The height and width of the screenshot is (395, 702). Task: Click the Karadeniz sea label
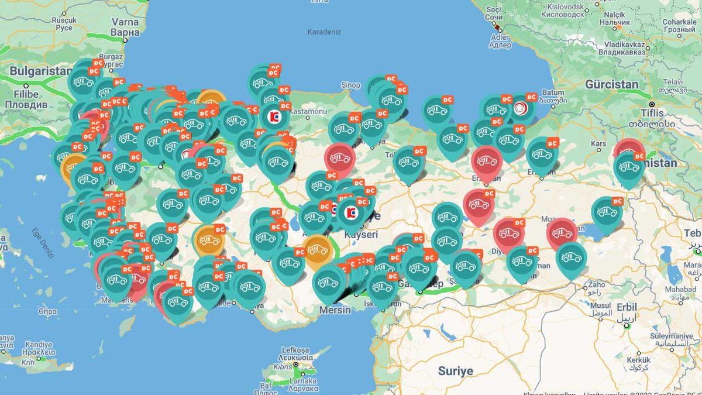point(324,32)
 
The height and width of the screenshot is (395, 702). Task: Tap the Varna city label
point(125,22)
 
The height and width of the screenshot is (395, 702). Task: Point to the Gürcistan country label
point(611,84)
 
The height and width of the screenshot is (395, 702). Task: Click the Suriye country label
point(455,371)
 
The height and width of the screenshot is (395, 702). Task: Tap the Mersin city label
point(335,310)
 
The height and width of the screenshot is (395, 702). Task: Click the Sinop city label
point(350,85)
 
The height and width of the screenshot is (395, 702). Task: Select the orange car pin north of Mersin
point(316,250)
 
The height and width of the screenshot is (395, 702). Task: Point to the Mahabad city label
point(680,289)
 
